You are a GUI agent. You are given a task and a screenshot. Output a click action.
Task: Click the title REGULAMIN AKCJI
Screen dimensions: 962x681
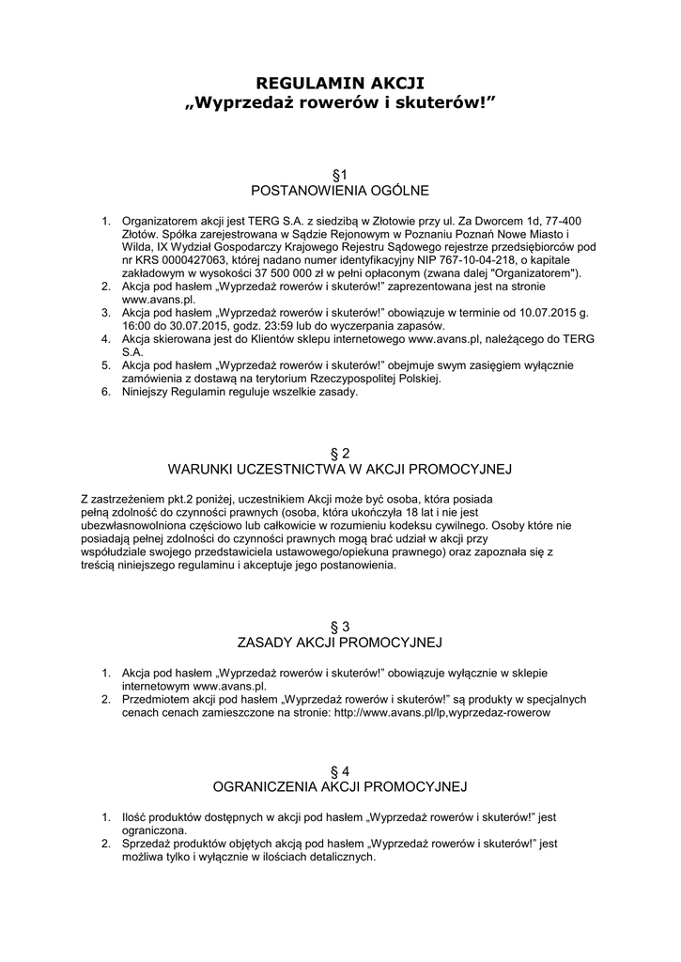[x=340, y=85]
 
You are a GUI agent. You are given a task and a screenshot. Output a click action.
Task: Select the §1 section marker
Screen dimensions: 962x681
[x=340, y=175]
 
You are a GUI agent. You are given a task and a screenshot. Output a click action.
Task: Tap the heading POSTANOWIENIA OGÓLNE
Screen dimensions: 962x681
[x=340, y=191]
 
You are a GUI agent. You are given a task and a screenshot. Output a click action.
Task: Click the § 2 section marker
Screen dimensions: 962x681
[x=340, y=453]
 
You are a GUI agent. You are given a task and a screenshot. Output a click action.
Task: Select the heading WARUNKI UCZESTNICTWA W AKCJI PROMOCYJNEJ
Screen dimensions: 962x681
[x=340, y=469]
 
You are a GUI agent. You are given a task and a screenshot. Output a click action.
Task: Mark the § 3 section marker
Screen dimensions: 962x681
[x=340, y=627]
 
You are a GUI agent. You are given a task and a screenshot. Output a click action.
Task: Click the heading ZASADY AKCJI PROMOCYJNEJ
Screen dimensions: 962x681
[x=340, y=643]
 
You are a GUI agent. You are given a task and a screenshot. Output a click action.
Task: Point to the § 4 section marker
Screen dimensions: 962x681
[x=340, y=770]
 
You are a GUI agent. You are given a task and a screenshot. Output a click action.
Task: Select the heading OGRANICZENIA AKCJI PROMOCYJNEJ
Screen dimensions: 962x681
[x=340, y=786]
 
